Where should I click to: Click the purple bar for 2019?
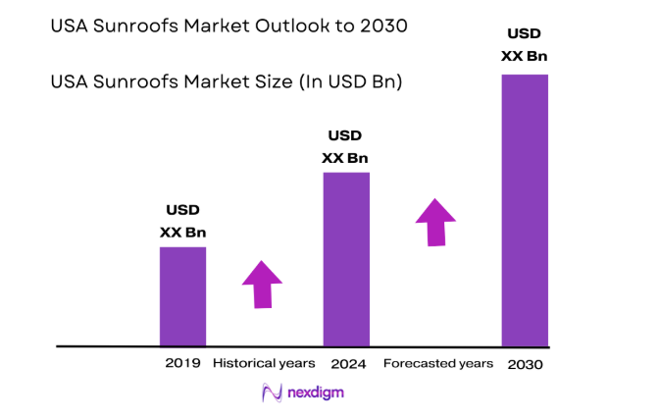[182, 296]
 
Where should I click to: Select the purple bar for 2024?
[346, 259]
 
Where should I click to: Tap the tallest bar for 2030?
[525, 210]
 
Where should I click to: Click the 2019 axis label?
[182, 363]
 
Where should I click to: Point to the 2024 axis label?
[348, 363]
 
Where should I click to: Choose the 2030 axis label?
[526, 364]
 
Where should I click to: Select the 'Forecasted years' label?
[437, 363]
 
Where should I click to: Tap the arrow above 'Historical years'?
[262, 285]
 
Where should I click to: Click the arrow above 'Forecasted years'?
[435, 222]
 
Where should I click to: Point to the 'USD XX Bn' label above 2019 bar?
[182, 222]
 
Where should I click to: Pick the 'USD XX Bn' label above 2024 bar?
[346, 146]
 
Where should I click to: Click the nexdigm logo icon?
[272, 393]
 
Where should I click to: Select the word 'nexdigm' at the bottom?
[316, 393]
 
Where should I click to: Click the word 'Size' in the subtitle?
[241, 82]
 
